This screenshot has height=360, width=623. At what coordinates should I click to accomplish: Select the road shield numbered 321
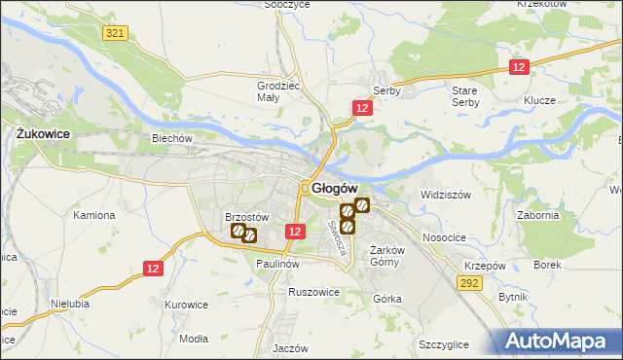pyautogui.click(x=115, y=34)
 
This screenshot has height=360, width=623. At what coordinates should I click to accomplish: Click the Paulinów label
pyautogui.click(x=277, y=264)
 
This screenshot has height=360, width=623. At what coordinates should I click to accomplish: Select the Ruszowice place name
pyautogui.click(x=313, y=291)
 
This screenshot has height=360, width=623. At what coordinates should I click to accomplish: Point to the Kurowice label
pyautogui.click(x=187, y=305)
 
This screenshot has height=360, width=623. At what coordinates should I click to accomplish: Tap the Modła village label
pyautogui.click(x=195, y=338)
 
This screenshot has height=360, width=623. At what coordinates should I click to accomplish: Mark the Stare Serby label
pyautogui.click(x=464, y=95)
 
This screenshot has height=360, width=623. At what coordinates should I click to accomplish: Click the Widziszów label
pyautogui.click(x=446, y=195)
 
